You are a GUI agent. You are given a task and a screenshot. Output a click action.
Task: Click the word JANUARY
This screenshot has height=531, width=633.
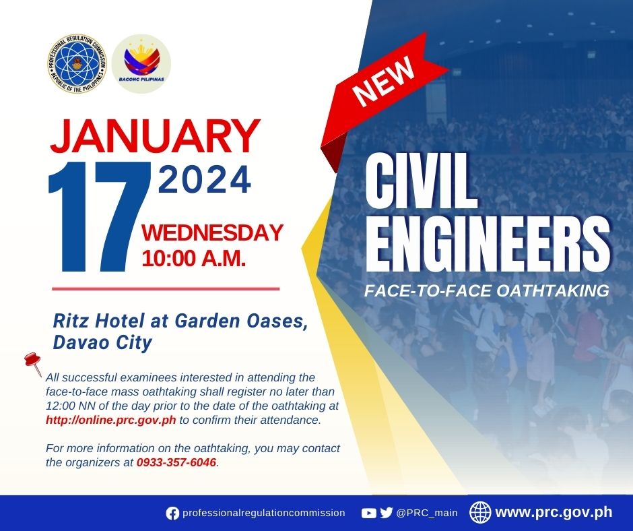tap(154, 137)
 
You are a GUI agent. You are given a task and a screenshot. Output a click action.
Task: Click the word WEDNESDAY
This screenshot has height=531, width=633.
tap(212, 233)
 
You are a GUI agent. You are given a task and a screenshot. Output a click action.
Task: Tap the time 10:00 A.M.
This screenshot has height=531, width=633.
tap(193, 257)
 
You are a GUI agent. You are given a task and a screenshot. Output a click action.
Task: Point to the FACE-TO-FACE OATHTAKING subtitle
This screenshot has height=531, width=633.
tap(486, 291)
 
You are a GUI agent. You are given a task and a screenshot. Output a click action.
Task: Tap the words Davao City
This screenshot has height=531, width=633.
tap(102, 343)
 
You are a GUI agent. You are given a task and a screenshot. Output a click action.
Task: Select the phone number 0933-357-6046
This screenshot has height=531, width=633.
tap(176, 463)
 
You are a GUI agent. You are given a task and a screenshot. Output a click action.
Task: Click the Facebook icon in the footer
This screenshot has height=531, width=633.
tap(173, 513)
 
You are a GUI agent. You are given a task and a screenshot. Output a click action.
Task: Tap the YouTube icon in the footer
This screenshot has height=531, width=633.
tap(368, 513)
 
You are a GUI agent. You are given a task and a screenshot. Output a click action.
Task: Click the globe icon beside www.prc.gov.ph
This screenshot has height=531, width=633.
tap(480, 513)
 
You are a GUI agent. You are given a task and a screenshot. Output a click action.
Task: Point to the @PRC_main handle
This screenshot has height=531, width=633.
tap(427, 513)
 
